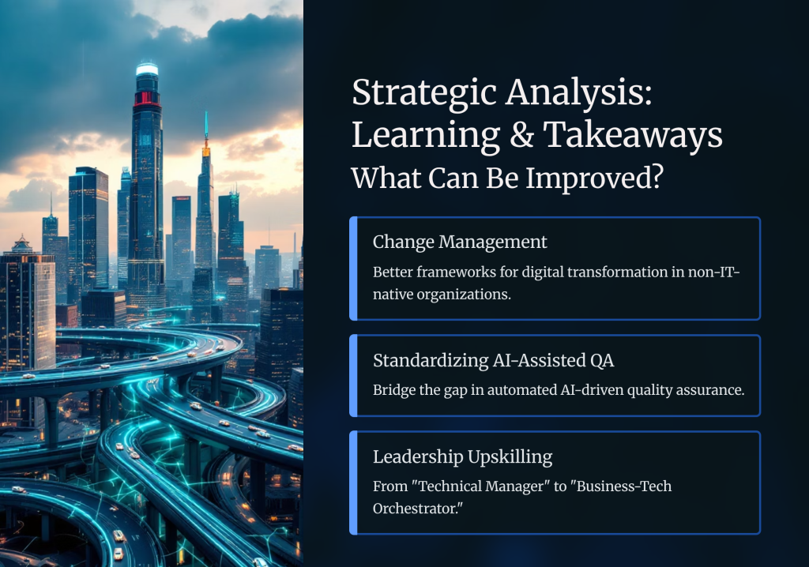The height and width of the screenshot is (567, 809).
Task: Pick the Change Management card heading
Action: coord(460,242)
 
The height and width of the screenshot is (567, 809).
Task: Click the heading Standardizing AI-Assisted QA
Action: coord(493,360)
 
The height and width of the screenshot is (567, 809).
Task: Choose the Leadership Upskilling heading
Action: coord(462,456)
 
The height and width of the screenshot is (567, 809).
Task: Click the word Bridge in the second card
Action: coord(393,389)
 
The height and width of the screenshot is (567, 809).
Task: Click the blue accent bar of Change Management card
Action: coord(354,268)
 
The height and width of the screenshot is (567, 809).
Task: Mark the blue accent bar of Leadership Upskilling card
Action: coord(354,483)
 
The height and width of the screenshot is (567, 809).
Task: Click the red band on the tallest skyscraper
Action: coord(147,98)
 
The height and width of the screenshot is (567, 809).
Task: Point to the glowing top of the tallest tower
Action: coord(147,69)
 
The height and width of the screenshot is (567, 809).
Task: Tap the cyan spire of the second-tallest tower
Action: coord(205,126)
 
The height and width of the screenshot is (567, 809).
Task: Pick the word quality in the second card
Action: coord(643,389)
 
